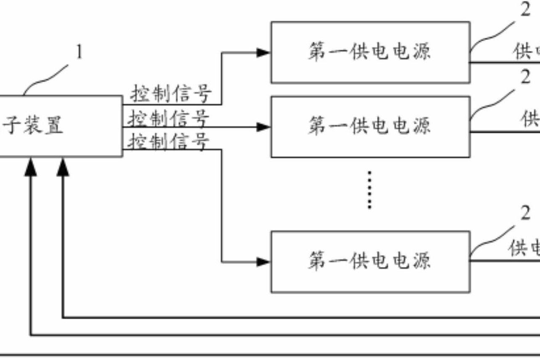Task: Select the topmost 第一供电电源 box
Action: [x=370, y=52]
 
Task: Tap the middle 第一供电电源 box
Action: [x=370, y=126]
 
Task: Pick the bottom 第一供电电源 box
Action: [x=370, y=261]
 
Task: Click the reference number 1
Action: [x=79, y=53]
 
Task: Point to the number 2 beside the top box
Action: [x=525, y=10]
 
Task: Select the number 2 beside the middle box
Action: [x=525, y=77]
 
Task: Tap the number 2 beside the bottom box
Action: [x=525, y=214]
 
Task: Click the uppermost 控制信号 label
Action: [x=170, y=93]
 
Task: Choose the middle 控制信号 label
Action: [x=168, y=118]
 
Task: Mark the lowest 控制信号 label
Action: [x=168, y=141]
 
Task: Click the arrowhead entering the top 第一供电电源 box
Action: [x=263, y=53]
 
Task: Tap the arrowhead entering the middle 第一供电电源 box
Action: [x=263, y=127]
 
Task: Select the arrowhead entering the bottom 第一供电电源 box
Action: [x=263, y=262]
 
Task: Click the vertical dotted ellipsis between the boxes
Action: [x=370, y=189]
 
